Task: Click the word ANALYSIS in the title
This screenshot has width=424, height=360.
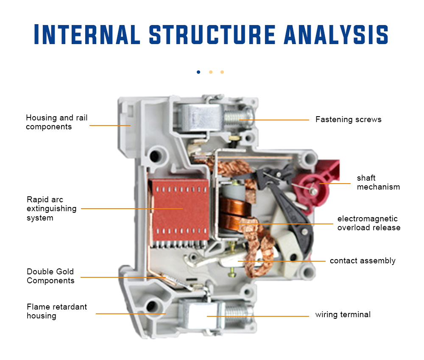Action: pos(336,34)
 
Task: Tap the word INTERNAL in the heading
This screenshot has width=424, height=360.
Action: pos(87,34)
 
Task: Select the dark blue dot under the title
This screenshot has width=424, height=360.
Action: pos(198,72)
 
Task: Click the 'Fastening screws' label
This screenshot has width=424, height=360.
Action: pos(348,120)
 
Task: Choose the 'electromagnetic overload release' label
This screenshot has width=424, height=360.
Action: pos(368,223)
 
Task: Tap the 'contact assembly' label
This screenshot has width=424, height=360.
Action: pos(363,261)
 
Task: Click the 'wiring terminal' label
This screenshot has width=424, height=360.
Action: pos(343,315)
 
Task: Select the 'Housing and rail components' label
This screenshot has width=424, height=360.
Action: pos(57,122)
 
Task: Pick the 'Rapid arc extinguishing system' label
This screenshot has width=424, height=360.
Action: pos(52,209)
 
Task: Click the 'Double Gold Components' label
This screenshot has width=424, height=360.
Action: pos(50,276)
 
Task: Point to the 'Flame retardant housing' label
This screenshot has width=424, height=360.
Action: pos(57,311)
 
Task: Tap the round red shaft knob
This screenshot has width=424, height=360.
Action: pos(312,189)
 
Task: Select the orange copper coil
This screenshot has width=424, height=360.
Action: pos(231,216)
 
